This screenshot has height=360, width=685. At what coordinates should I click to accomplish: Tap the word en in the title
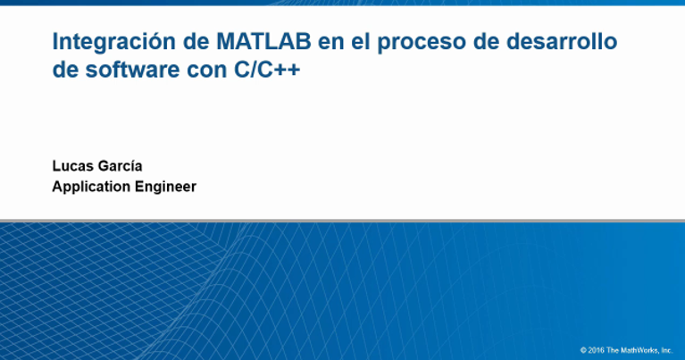tap(332, 42)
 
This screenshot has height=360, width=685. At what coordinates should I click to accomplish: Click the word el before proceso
tap(363, 42)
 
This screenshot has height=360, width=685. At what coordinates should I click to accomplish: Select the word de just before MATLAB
tap(192, 42)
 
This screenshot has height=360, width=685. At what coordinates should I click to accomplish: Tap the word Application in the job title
tap(90, 187)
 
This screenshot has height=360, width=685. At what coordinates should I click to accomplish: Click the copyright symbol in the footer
tap(582, 350)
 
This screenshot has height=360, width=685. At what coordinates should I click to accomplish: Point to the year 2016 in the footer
tap(595, 350)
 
